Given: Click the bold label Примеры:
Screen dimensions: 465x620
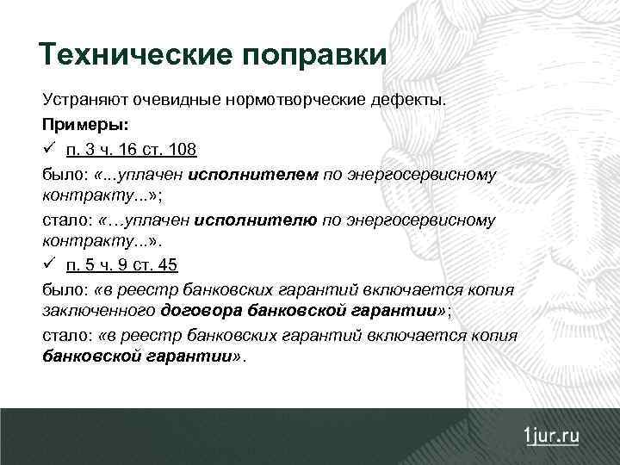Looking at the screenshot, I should [79, 125].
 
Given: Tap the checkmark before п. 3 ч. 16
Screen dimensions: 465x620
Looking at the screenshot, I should [49, 149].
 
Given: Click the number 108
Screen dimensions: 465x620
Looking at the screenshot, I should [183, 150].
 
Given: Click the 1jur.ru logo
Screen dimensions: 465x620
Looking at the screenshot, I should [551, 435].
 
